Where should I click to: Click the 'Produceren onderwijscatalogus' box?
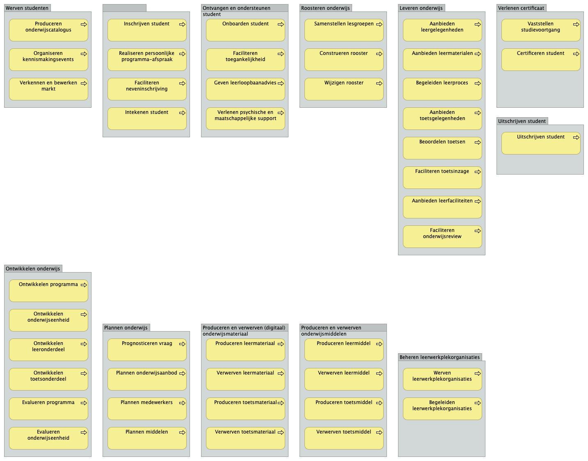(x=48, y=30)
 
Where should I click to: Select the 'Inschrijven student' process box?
(x=147, y=30)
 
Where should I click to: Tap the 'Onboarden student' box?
(x=245, y=30)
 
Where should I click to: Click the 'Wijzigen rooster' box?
(x=344, y=89)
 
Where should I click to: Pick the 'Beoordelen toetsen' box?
(x=442, y=148)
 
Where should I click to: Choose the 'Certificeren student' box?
(x=541, y=60)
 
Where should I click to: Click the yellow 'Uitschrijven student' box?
(x=541, y=143)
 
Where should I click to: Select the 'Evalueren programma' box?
(x=48, y=409)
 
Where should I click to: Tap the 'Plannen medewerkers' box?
(x=147, y=409)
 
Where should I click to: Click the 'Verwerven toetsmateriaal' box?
(x=245, y=438)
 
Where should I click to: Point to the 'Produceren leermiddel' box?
(x=344, y=350)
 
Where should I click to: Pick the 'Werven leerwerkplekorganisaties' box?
(x=442, y=379)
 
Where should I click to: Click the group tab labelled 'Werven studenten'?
(x=27, y=8)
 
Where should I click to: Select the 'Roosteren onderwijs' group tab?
(x=325, y=8)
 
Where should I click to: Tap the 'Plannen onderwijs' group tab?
(x=126, y=328)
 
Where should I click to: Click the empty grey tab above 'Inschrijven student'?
(x=124, y=8)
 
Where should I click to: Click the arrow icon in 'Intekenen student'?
(x=182, y=113)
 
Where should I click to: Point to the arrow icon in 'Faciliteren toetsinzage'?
(x=478, y=172)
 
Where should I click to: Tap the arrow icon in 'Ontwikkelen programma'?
(x=84, y=285)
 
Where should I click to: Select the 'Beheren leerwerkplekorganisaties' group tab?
(x=440, y=357)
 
